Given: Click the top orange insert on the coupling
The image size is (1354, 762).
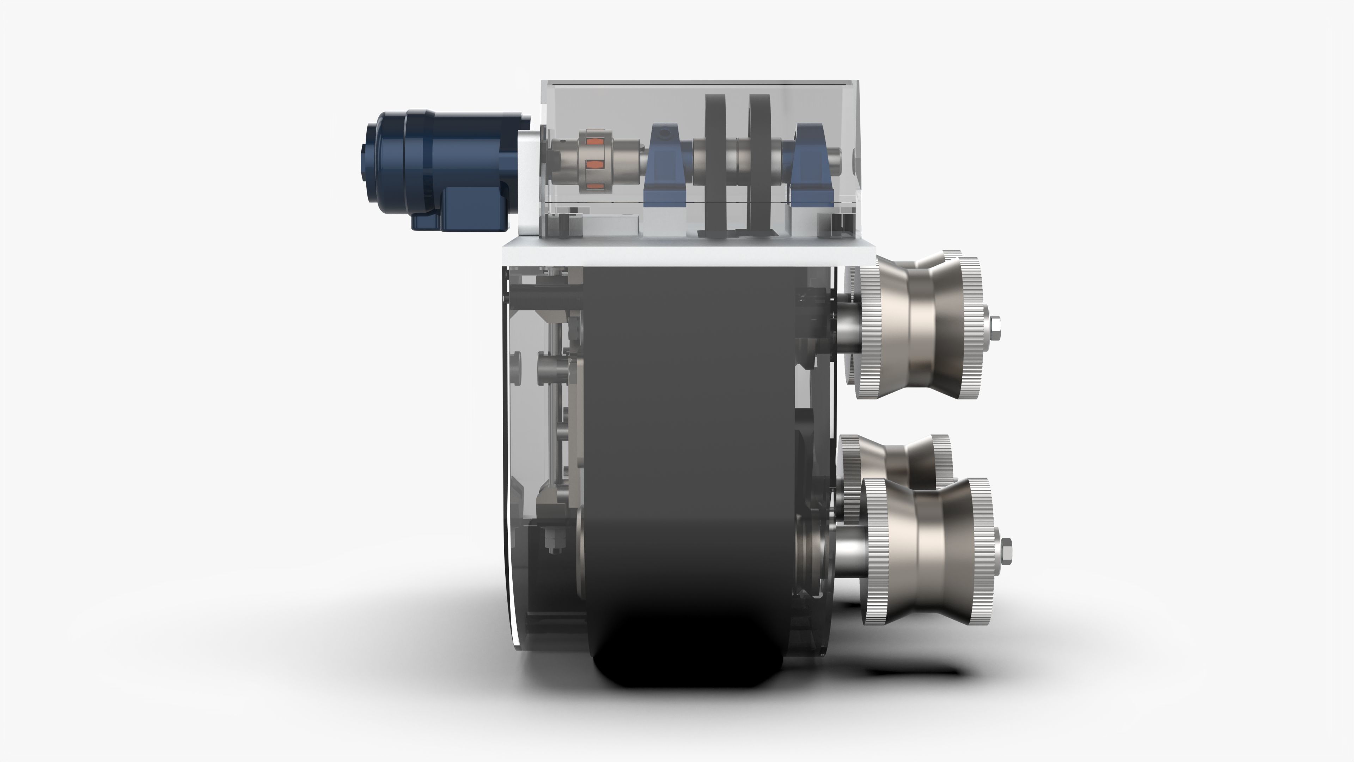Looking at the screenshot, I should pos(592,141).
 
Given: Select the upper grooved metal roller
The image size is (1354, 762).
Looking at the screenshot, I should pos(920,326).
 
